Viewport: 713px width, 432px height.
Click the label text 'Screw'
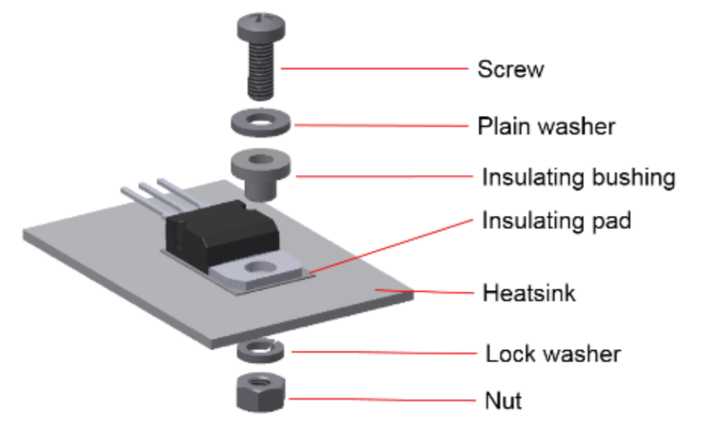point(511,69)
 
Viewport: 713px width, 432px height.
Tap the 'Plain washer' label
point(546,126)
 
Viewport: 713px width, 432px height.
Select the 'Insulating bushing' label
point(578,177)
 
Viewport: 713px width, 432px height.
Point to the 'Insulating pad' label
point(557,221)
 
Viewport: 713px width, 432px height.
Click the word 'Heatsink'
point(529,293)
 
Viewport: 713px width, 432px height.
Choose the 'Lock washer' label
point(553,354)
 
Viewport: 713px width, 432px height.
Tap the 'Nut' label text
point(503,400)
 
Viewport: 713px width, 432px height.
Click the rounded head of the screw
point(261,26)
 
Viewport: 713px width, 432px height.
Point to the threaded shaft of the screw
point(261,70)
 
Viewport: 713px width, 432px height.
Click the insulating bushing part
point(261,174)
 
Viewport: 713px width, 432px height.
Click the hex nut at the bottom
point(261,392)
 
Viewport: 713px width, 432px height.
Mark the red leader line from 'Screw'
point(375,68)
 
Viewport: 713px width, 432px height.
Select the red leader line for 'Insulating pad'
point(391,247)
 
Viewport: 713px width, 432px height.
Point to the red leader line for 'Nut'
point(382,400)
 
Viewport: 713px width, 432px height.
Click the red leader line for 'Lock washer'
point(384,352)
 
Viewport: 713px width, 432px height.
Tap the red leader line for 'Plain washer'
point(381,125)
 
